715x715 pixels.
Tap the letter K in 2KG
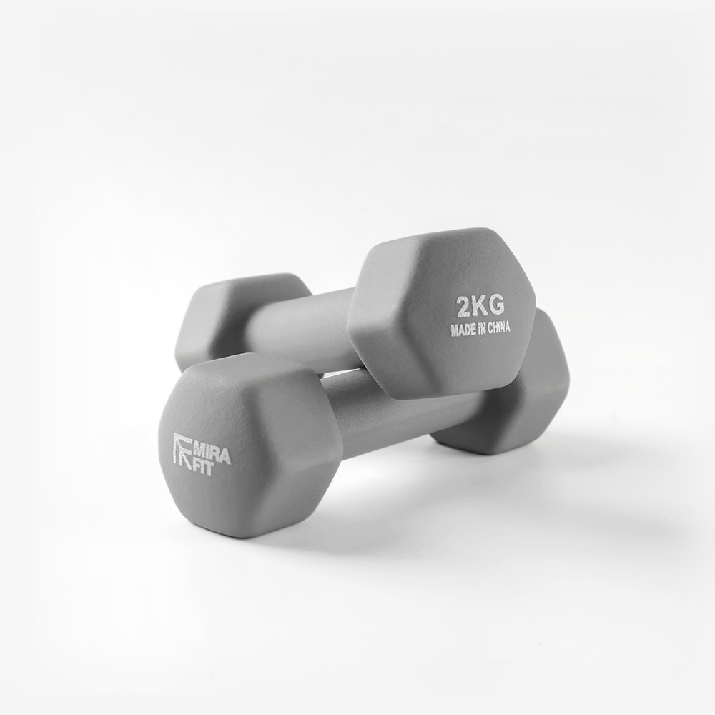480,305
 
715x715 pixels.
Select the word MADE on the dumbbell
462,330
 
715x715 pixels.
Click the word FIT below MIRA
203,469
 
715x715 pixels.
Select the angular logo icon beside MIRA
183,450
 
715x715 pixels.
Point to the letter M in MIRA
199,451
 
